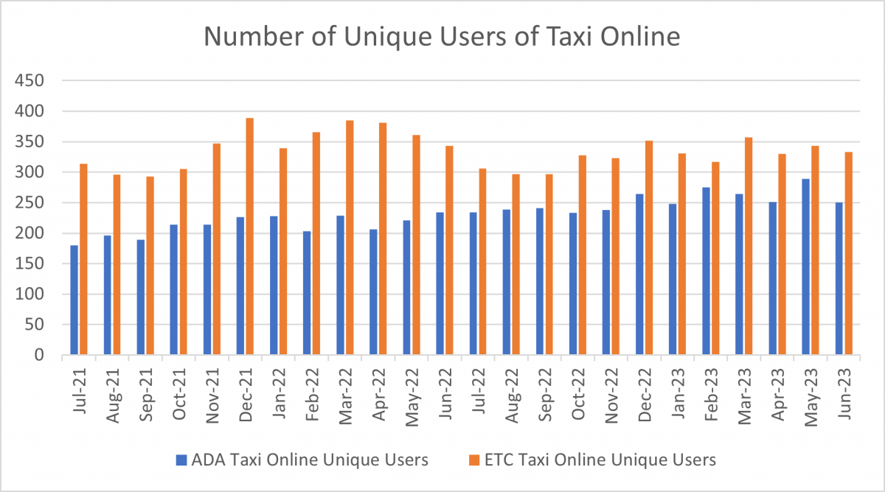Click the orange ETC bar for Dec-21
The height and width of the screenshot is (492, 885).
click(250, 236)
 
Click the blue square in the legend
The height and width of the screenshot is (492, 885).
click(180, 460)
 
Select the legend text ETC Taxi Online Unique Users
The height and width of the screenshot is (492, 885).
click(600, 460)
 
